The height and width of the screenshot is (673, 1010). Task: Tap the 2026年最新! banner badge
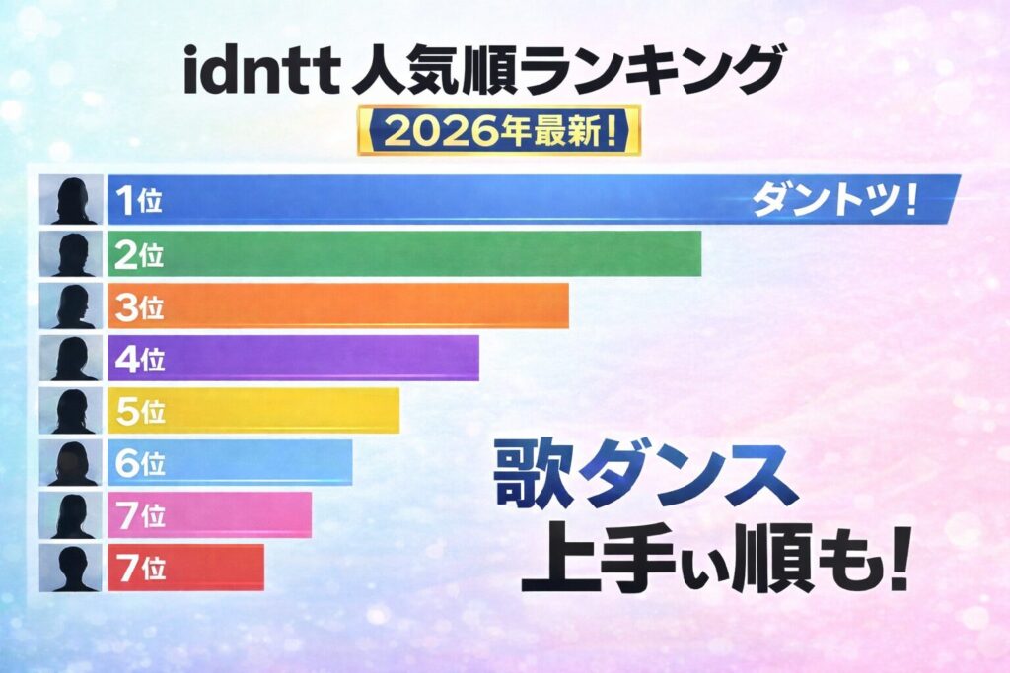click(498, 132)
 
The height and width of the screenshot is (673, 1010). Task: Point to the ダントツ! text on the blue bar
click(834, 201)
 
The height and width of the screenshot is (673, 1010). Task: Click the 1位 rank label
click(138, 201)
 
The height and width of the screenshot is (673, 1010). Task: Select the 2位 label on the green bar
click(138, 255)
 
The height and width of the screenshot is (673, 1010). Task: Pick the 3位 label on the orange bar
click(138, 307)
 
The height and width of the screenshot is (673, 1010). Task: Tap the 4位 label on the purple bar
click(138, 360)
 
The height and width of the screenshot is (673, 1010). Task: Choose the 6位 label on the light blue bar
click(138, 463)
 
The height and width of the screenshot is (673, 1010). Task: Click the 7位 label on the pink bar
click(138, 515)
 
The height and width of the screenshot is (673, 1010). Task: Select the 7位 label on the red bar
click(138, 568)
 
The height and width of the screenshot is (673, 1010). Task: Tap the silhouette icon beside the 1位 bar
click(72, 201)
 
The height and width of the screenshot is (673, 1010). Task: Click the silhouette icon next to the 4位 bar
click(72, 360)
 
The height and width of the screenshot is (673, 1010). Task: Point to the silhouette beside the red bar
click(72, 568)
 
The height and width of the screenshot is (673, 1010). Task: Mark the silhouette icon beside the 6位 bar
click(72, 463)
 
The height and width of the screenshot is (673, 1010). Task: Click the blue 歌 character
click(531, 477)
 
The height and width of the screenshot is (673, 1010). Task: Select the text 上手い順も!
click(712, 561)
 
